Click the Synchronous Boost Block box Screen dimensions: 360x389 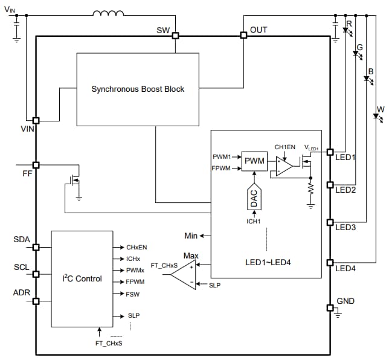(x=138, y=89)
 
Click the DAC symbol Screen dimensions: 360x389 (x=254, y=199)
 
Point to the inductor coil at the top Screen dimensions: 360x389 (x=109, y=13)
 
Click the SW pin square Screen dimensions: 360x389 (x=175, y=36)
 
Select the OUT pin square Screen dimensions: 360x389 (x=244, y=36)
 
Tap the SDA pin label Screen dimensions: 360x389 (x=22, y=240)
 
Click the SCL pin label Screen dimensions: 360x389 (x=22, y=267)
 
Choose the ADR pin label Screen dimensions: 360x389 (x=22, y=293)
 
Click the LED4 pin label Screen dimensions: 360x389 (x=346, y=268)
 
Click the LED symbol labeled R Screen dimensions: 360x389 (x=347, y=30)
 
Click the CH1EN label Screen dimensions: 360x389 (x=285, y=147)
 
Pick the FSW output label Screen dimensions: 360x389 (x=133, y=294)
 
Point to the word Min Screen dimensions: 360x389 (x=191, y=235)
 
